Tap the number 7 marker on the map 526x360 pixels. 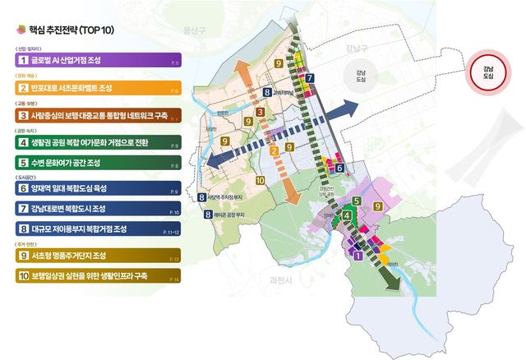(x=309, y=81)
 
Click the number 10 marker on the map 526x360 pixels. (x=261, y=179)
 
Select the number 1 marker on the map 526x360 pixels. (x=357, y=256)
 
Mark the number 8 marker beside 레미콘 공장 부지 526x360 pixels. (x=206, y=215)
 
